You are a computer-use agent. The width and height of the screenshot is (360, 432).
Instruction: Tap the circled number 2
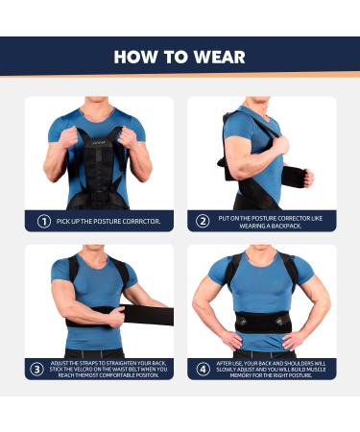point(203,221)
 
